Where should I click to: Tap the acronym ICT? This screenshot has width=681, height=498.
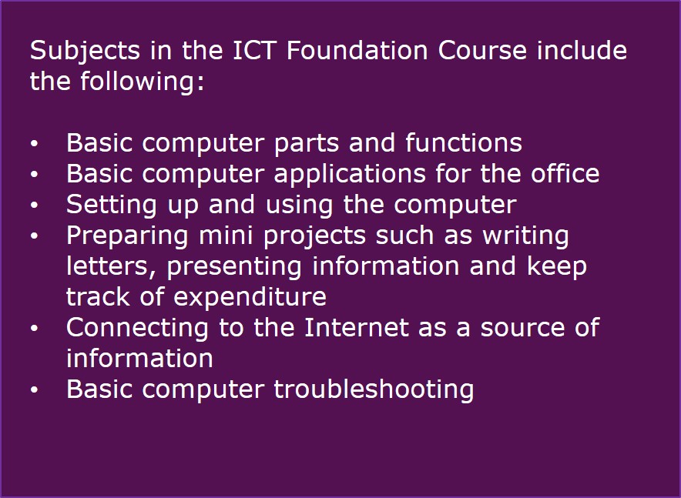(x=254, y=50)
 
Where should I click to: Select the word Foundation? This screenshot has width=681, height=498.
(x=357, y=50)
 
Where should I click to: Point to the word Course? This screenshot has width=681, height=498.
(x=482, y=50)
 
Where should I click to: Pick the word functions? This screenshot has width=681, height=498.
(x=464, y=142)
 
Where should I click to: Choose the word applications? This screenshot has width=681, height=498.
(x=350, y=175)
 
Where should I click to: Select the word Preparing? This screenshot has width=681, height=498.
(x=127, y=236)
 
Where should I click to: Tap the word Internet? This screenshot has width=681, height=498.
(x=356, y=327)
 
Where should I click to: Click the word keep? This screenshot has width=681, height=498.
(x=557, y=267)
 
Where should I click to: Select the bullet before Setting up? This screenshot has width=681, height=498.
(x=35, y=205)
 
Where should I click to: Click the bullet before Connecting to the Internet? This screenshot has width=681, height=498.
(x=35, y=329)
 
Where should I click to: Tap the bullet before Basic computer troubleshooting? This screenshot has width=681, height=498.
(x=35, y=389)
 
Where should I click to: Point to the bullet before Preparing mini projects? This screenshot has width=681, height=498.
(x=35, y=236)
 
